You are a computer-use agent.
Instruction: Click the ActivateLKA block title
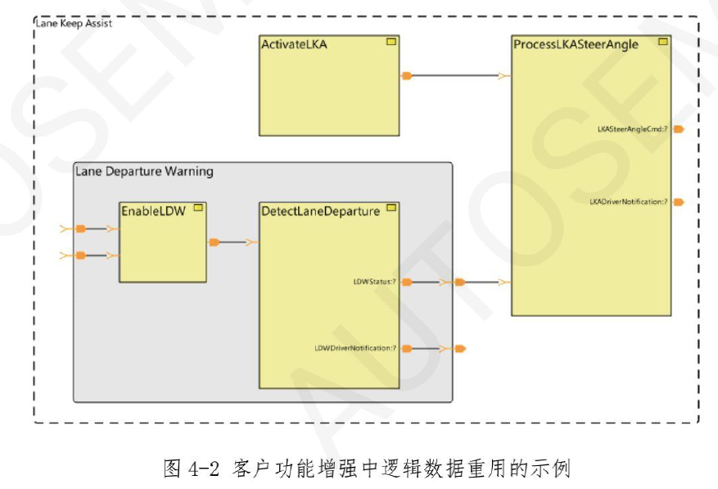[x=294, y=44]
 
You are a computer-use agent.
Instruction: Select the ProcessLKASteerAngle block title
[x=576, y=44]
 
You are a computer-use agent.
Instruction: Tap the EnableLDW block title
[x=154, y=210]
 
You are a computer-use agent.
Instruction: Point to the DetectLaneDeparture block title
[x=320, y=211]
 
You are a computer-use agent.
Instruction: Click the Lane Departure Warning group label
[x=144, y=171]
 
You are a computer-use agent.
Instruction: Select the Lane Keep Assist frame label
[x=74, y=23]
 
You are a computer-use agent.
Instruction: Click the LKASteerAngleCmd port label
[x=633, y=129]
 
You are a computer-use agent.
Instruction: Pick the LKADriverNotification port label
[x=629, y=201]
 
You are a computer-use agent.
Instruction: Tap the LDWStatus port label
[x=375, y=282]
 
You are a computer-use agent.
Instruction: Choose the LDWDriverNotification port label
[x=356, y=348]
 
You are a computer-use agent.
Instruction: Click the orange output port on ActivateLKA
[x=407, y=76]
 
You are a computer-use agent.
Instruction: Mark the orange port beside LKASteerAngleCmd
[x=678, y=129]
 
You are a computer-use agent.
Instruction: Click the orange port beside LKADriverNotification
[x=678, y=201]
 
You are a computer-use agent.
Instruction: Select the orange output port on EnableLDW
[x=214, y=242]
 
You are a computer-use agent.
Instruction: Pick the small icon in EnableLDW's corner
[x=197, y=207]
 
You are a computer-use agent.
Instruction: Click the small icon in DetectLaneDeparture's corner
[x=391, y=208]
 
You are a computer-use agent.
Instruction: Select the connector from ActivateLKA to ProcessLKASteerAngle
[x=455, y=76]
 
